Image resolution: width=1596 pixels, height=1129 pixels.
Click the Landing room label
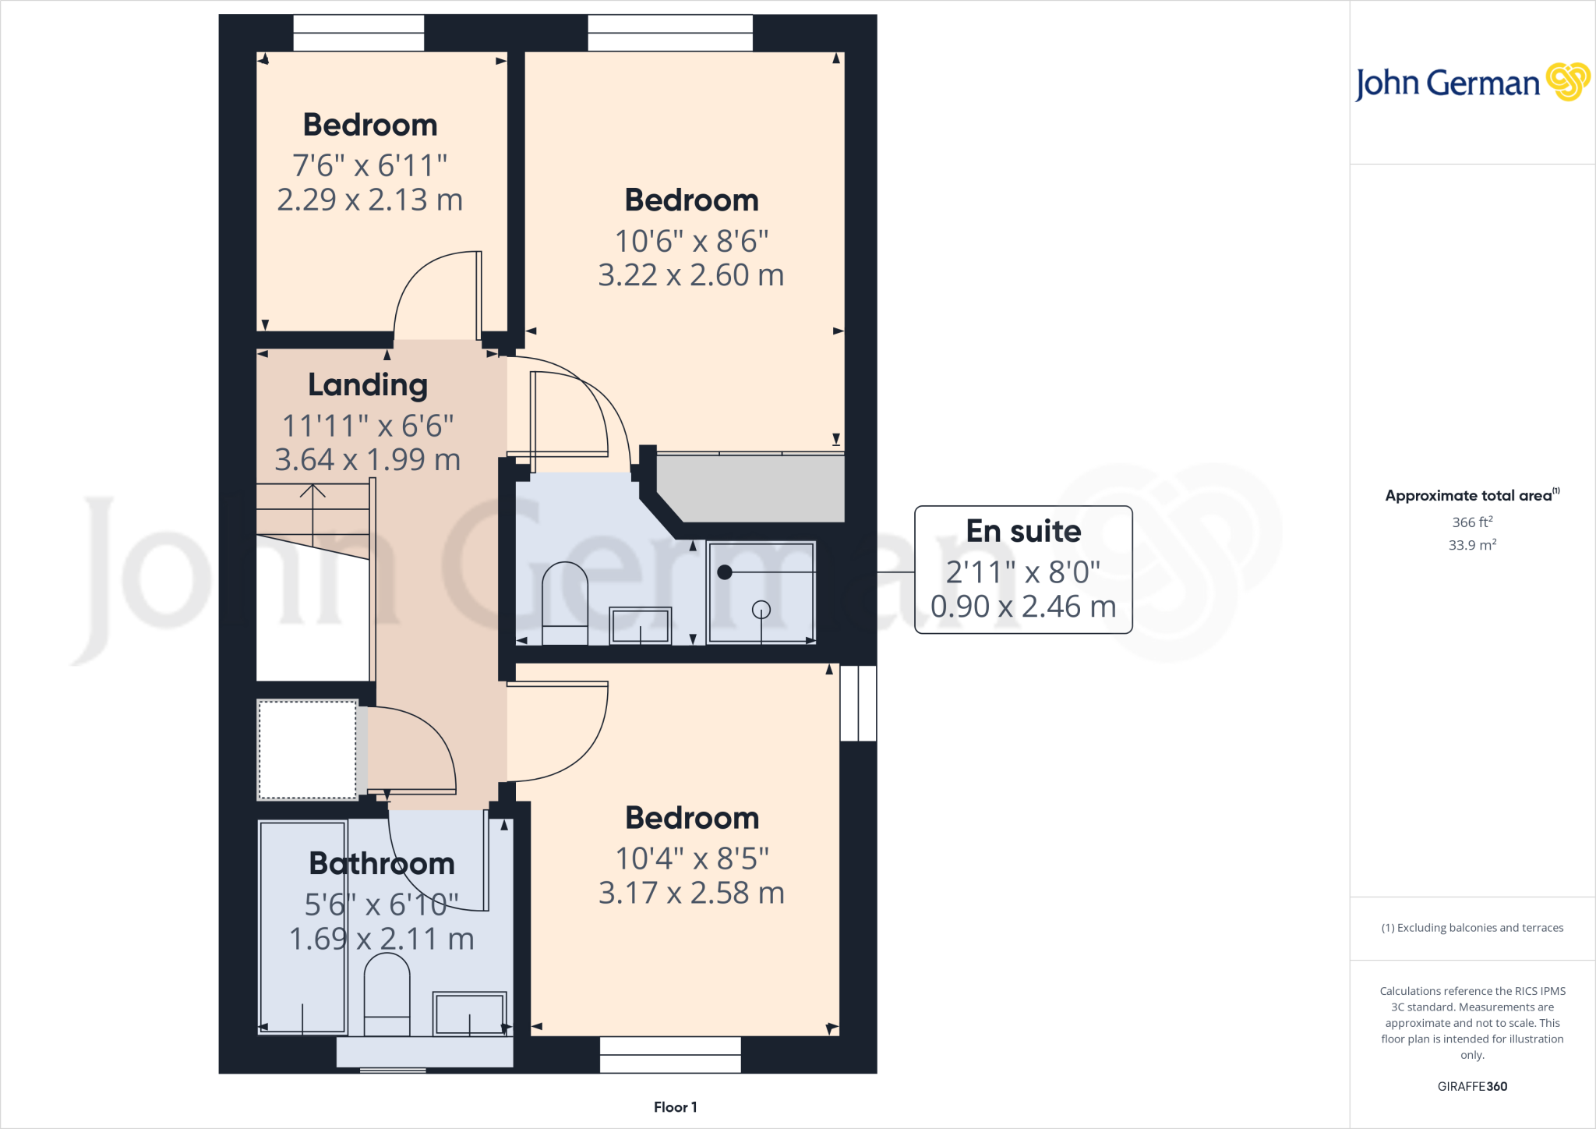(x=368, y=384)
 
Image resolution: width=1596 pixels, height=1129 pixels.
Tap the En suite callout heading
(x=1023, y=531)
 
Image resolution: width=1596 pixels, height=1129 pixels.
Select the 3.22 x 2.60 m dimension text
(x=690, y=275)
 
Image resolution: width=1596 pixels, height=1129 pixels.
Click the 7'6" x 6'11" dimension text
(x=369, y=165)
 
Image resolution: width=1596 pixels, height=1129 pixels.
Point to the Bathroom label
(x=382, y=863)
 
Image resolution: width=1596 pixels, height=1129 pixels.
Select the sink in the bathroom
(x=469, y=1013)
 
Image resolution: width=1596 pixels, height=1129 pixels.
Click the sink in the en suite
(x=640, y=625)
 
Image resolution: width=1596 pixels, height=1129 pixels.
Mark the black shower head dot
(x=725, y=572)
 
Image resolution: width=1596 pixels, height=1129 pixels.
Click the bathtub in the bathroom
(x=302, y=928)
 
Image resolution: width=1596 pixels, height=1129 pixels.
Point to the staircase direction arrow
(x=312, y=493)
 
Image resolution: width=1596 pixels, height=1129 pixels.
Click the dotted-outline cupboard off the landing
(x=307, y=749)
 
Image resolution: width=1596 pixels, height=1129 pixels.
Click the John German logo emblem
(x=1567, y=82)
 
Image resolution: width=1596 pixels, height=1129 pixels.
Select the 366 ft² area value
(x=1472, y=522)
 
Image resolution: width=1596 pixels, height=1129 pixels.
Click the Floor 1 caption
(x=675, y=1107)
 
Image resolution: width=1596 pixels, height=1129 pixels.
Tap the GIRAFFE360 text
(x=1472, y=1086)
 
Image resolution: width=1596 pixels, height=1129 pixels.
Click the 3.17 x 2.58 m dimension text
(x=691, y=893)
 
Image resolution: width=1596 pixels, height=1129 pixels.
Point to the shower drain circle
(x=761, y=610)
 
